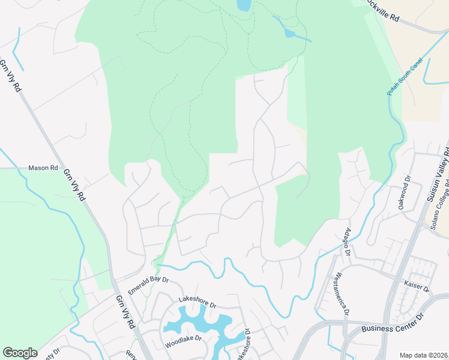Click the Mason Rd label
pyautogui.click(x=43, y=168)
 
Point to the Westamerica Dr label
pyautogui.click(x=341, y=295)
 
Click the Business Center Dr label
pyautogui.click(x=393, y=329)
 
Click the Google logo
pyautogui.click(x=20, y=353)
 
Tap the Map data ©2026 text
pyautogui.click(x=424, y=355)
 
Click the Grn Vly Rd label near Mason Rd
pyautogui.click(x=74, y=185)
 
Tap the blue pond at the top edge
pyautogui.click(x=244, y=5)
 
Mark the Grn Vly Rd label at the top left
pyautogui.click(x=10, y=76)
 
